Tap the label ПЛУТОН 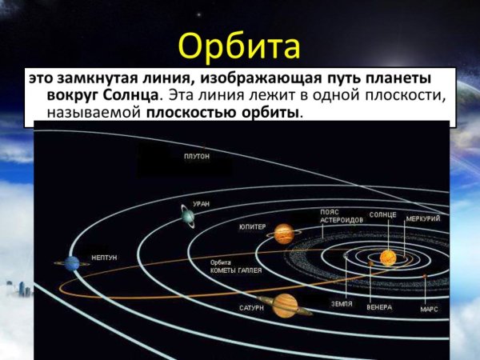pyautogui.click(x=197, y=157)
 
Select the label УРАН pyautogui.click(x=202, y=204)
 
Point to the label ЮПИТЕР pyautogui.click(x=252, y=227)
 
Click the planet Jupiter pyautogui.click(x=283, y=233)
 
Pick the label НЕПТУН pyautogui.click(x=104, y=257)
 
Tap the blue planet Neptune pyautogui.click(x=73, y=262)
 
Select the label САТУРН pyautogui.click(x=250, y=306)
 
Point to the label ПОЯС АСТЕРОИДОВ pyautogui.click(x=337, y=217)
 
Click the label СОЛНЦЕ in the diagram pyautogui.click(x=383, y=215)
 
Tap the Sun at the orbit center pyautogui.click(x=387, y=257)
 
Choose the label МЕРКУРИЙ pyautogui.click(x=422, y=217)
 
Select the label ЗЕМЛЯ pyautogui.click(x=342, y=305)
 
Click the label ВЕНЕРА pyautogui.click(x=378, y=307)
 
